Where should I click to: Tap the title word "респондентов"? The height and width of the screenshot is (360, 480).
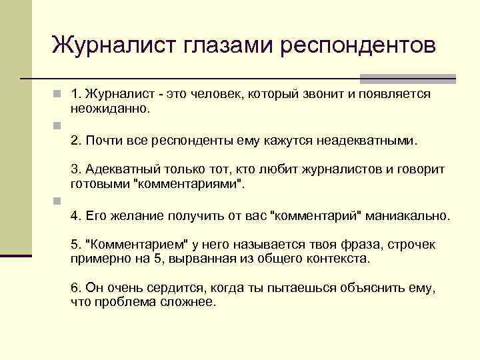(x=358, y=46)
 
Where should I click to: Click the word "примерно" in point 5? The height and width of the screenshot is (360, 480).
(x=99, y=257)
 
